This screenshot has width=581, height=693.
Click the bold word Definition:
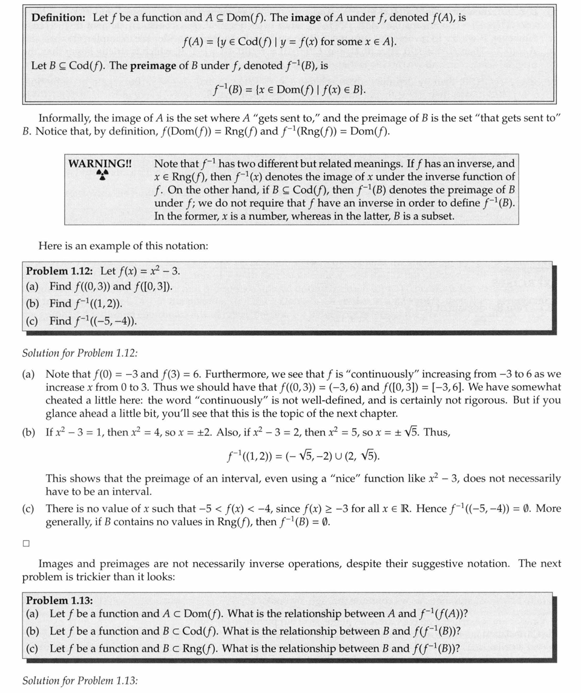tap(58, 18)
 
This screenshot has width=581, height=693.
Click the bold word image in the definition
tap(306, 18)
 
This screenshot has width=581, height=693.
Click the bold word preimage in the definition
tap(152, 65)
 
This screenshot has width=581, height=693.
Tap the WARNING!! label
tap(100, 164)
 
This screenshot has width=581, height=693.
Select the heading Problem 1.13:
tap(59, 600)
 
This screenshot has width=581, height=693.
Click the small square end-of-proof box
tap(26, 543)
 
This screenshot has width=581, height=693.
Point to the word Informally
tap(65, 118)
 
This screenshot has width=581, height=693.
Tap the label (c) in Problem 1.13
tap(32, 649)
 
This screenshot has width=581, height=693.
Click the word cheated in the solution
tap(64, 400)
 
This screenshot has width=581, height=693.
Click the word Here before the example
tap(50, 246)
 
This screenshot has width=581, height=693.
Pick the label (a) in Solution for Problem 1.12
tap(28, 374)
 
